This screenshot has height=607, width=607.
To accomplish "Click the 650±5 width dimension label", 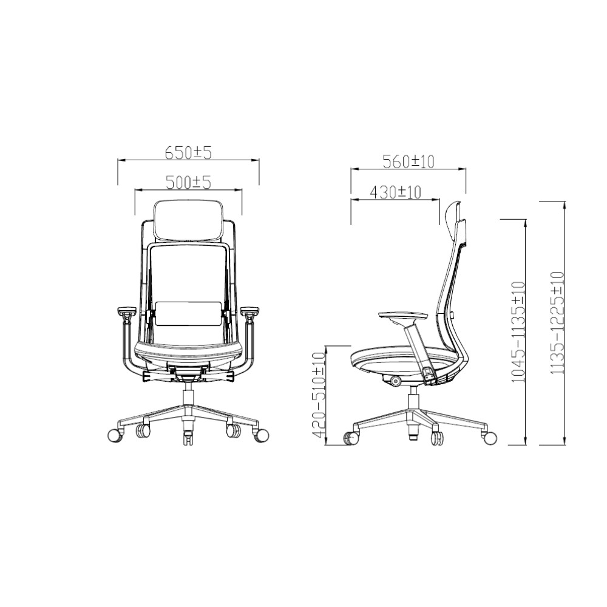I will [x=188, y=152].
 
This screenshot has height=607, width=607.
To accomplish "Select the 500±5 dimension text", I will [x=188, y=181].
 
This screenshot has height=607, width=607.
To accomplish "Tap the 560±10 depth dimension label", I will [x=409, y=161].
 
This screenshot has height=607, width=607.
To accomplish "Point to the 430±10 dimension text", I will [x=395, y=192].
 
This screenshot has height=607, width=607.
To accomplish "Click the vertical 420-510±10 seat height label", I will [x=318, y=396].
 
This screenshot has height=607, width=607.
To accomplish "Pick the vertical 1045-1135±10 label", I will [x=517, y=331].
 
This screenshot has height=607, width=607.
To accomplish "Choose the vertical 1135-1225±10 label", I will [x=557, y=322].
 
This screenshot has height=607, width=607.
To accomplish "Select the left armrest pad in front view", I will [x=125, y=313].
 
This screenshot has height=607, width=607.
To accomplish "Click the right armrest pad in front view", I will [x=251, y=313].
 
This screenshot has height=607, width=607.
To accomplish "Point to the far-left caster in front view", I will [x=114, y=435].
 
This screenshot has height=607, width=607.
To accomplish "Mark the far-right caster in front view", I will [x=262, y=435].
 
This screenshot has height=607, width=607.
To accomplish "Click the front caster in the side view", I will [x=351, y=438].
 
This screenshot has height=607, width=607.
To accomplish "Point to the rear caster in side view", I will [x=489, y=437].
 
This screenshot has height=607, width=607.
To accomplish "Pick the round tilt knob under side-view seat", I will [x=396, y=381].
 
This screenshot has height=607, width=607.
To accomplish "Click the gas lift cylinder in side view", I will [x=413, y=400].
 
